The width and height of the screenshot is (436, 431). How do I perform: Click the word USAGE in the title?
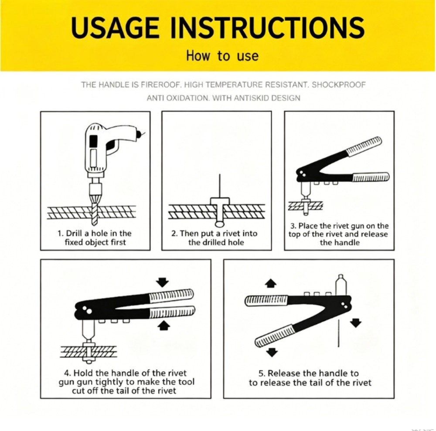point(115,27)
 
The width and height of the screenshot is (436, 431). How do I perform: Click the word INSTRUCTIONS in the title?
point(267,27)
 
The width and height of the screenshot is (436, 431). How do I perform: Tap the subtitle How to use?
point(222,56)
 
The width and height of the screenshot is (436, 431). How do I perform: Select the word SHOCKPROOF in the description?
point(338,85)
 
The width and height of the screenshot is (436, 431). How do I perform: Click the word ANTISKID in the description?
point(252,98)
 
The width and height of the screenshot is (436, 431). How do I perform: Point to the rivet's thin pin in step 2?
point(220,186)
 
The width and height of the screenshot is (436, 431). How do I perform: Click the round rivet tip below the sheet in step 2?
point(219,224)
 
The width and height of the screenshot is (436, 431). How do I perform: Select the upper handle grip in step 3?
point(364,145)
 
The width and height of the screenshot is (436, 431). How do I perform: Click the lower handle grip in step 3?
point(371,177)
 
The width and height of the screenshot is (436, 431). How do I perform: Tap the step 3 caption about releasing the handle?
point(338,234)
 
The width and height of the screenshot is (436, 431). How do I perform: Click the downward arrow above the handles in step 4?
point(162,282)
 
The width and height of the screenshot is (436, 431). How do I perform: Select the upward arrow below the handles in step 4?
point(164,326)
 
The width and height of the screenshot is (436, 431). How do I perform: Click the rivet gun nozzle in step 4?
point(89,331)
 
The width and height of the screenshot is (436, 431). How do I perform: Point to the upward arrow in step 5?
point(271,284)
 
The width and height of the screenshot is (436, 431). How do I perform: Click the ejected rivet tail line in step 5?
point(338,333)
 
